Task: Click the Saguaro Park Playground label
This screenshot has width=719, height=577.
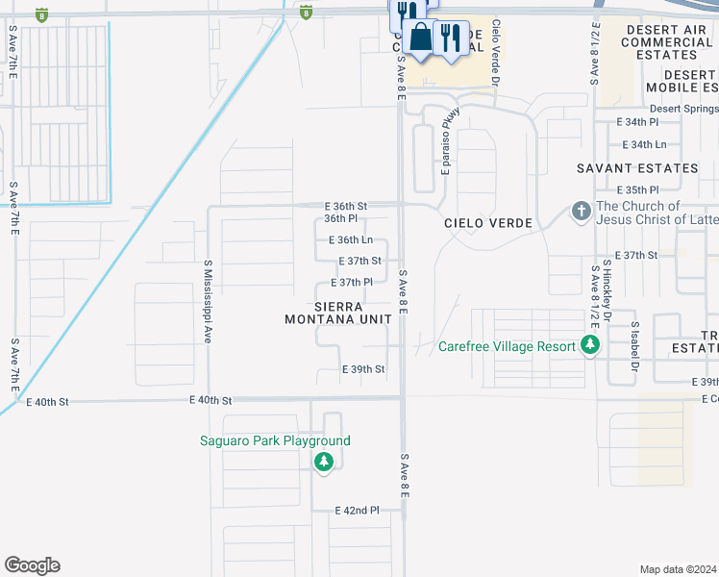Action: tap(275, 441)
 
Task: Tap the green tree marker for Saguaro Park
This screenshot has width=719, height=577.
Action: tap(324, 463)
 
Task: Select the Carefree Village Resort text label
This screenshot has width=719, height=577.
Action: tap(508, 347)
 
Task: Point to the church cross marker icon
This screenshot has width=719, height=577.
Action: tap(581, 211)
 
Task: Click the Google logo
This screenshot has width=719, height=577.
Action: tap(32, 565)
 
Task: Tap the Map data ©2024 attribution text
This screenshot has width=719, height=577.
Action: tap(679, 569)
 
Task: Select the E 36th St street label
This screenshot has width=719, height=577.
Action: tap(346, 207)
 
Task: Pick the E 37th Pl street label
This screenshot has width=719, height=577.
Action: tap(351, 283)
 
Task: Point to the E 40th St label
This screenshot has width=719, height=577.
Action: tap(211, 400)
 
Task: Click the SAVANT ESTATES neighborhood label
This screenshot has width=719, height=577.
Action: tap(637, 168)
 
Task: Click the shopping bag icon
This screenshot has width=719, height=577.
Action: tap(420, 38)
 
